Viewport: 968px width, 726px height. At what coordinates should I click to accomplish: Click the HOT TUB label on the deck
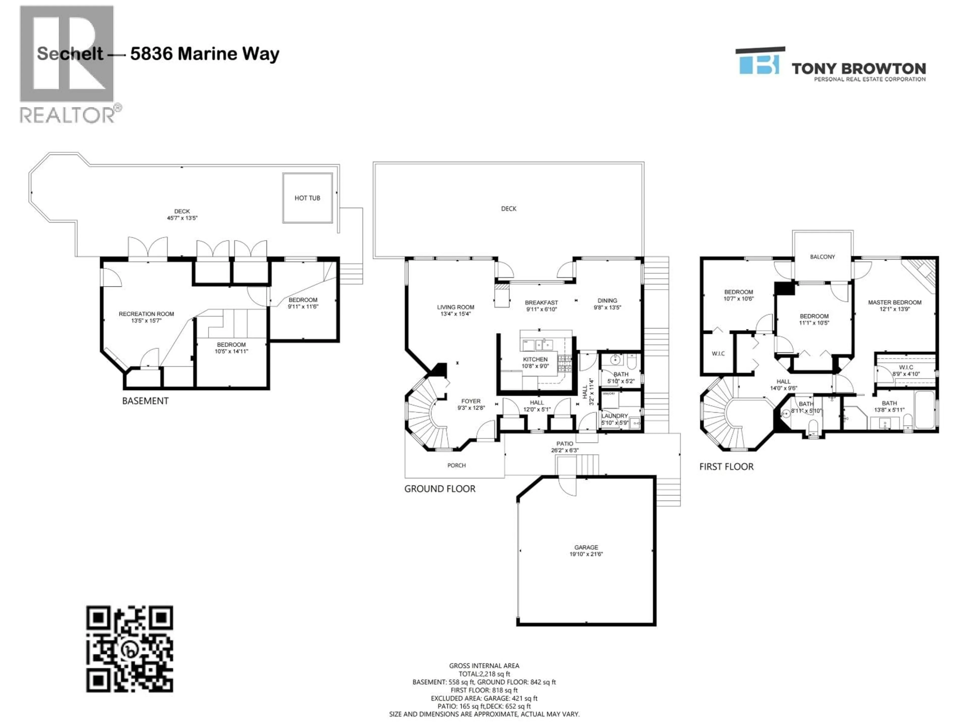(307, 198)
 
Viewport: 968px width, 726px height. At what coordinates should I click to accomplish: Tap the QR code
(130, 649)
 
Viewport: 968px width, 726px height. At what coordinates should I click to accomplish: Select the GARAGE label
(586, 548)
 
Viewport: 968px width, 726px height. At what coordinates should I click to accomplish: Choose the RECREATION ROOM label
(146, 314)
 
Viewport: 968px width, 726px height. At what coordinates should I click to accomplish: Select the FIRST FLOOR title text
(726, 467)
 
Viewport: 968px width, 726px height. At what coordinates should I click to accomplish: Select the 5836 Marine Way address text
(205, 54)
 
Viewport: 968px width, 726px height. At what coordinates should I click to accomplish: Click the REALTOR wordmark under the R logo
(68, 115)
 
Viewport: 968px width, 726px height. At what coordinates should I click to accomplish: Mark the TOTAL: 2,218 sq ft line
(484, 674)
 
